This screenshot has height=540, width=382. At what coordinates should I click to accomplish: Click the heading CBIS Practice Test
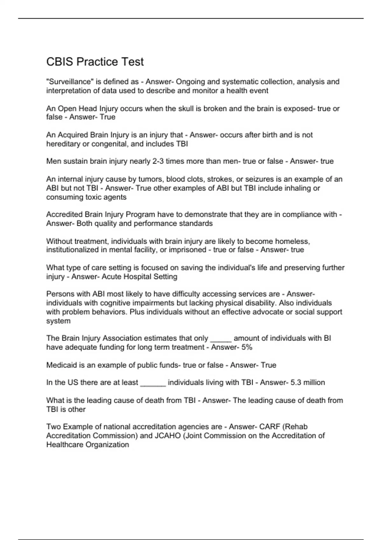[x=95, y=62]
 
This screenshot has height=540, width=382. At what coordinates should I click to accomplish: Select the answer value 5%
[x=247, y=347]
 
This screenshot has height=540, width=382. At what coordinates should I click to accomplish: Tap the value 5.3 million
[x=308, y=382]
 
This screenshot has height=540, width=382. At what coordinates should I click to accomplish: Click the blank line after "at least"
[x=153, y=384]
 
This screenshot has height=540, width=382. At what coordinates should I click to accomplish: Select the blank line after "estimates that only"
[x=221, y=340]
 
